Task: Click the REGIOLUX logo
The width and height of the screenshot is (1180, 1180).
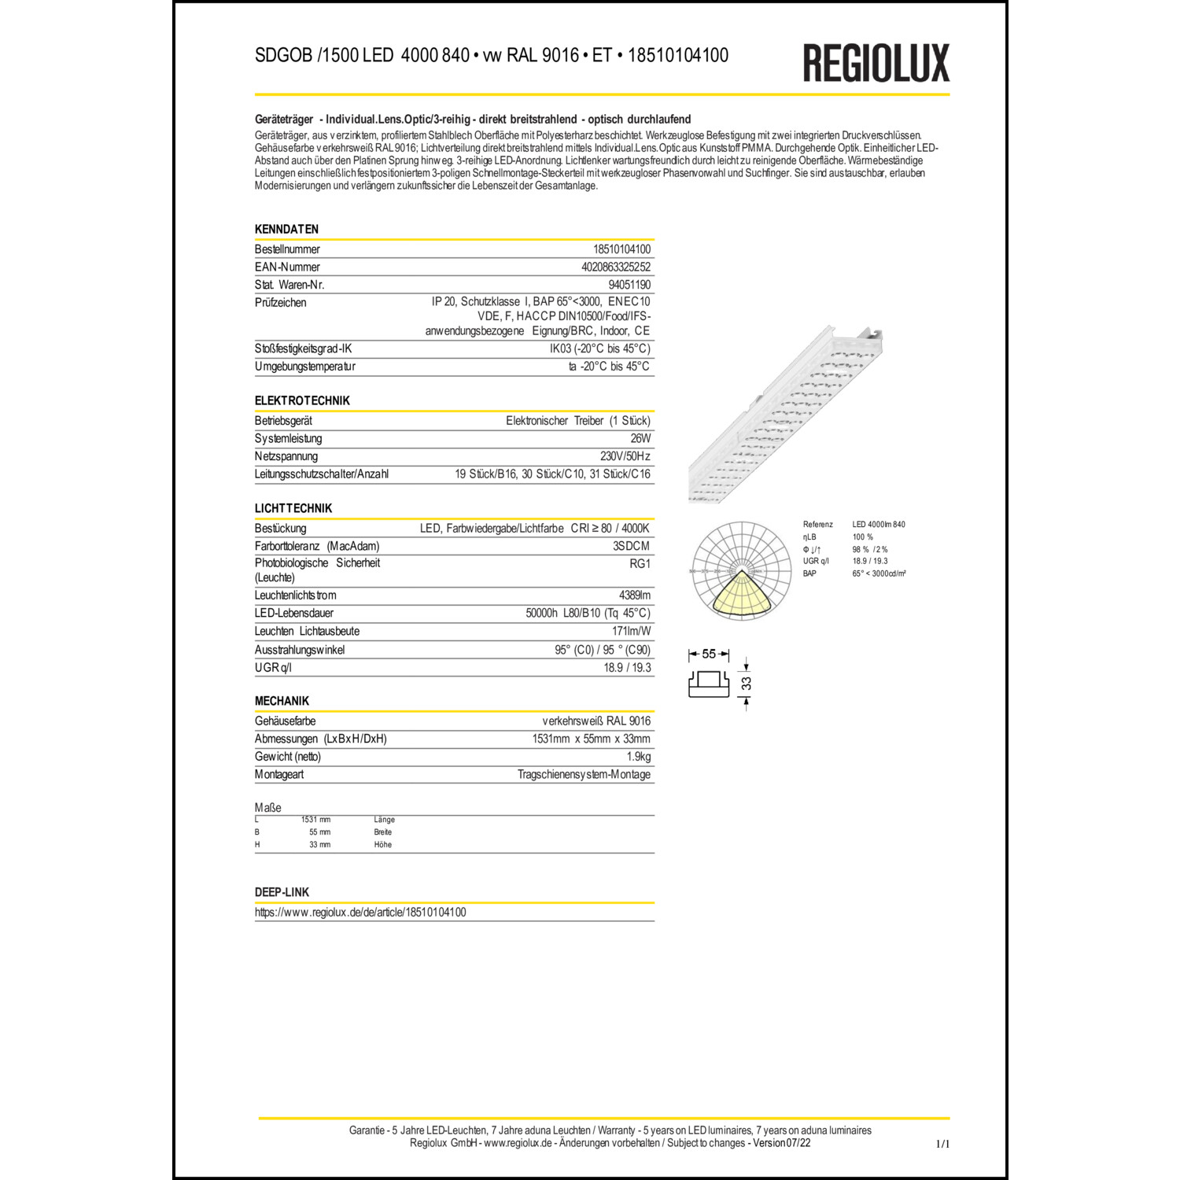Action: point(876,63)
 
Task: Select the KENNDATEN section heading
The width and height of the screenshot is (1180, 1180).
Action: point(286,229)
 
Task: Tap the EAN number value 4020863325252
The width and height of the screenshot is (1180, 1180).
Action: point(615,267)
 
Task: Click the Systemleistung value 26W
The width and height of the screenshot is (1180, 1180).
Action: point(640,438)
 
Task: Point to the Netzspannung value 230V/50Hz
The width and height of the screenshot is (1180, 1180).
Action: point(625,456)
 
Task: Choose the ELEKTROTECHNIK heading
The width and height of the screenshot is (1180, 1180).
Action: point(302,400)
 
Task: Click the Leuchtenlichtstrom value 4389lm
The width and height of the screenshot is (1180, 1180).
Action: point(634,596)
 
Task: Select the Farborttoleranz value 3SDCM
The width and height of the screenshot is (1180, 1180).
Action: point(631,546)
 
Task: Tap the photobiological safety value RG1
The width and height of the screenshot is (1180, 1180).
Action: point(640,563)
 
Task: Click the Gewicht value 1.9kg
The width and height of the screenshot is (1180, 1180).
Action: point(638,757)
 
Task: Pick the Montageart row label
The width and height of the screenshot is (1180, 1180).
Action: point(279,775)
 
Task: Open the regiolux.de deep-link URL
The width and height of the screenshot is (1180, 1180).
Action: point(360,913)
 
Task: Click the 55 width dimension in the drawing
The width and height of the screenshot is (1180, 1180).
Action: point(709,655)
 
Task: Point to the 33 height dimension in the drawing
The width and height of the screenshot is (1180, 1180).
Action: point(747,683)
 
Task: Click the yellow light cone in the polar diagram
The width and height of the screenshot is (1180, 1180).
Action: point(740,594)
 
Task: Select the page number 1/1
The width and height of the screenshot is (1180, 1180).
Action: point(942,1144)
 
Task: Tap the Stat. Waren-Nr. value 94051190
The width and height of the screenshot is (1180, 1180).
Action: point(629,285)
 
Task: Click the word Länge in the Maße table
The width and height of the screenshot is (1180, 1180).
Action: point(384,820)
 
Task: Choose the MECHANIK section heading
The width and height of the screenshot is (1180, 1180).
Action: point(282,701)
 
